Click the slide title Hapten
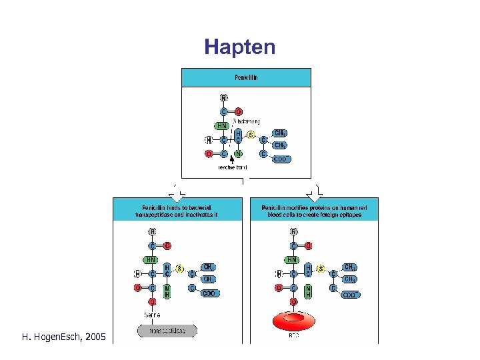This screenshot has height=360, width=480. [239, 47]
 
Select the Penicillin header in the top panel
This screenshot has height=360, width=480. [246, 77]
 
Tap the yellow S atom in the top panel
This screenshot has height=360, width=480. [251, 135]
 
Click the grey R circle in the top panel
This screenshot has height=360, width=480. [223, 98]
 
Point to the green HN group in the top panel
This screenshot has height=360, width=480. [222, 125]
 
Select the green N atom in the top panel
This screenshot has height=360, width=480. [238, 154]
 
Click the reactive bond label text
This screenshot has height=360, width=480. [232, 168]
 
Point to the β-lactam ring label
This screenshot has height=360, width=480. [246, 121]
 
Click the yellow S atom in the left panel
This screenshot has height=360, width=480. [179, 268]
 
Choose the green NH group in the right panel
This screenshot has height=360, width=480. [308, 291]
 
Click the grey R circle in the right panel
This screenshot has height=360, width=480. [294, 232]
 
